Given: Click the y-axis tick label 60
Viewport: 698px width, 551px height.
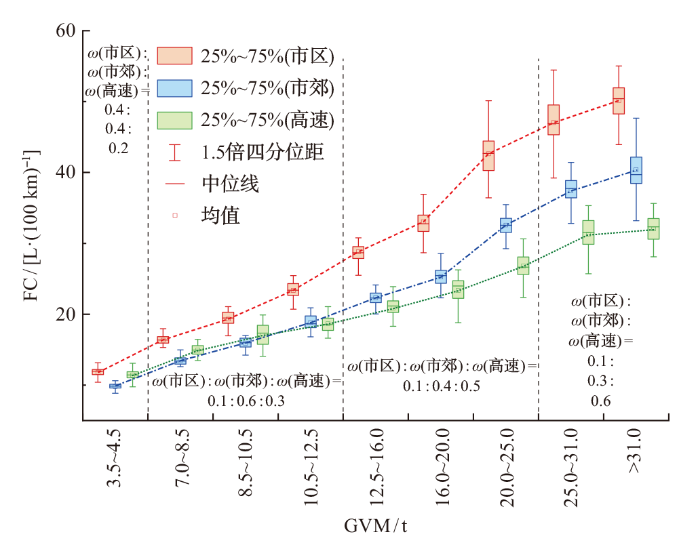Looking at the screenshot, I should (x=66, y=31).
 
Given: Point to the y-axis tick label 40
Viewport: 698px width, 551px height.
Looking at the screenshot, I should (x=66, y=173).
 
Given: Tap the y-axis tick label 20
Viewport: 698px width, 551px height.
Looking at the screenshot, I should (x=66, y=314).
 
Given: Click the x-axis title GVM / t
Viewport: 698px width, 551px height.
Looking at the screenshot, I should (x=376, y=526).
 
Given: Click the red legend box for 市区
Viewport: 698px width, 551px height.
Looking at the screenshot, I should (x=175, y=56).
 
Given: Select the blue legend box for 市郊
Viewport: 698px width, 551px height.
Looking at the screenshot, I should (x=175, y=87).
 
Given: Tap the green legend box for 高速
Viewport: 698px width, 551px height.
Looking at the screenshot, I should (x=175, y=119).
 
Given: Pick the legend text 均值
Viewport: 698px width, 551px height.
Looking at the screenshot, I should (x=220, y=216).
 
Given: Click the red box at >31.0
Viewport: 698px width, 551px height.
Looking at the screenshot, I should (x=619, y=100).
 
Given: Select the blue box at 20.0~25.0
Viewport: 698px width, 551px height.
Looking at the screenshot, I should (x=505, y=225).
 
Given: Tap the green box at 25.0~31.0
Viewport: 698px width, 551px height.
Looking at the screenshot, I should (x=588, y=232).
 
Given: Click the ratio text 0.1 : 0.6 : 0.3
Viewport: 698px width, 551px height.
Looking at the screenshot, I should (x=246, y=401).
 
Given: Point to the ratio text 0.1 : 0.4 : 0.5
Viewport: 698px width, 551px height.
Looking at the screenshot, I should (x=442, y=386).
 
